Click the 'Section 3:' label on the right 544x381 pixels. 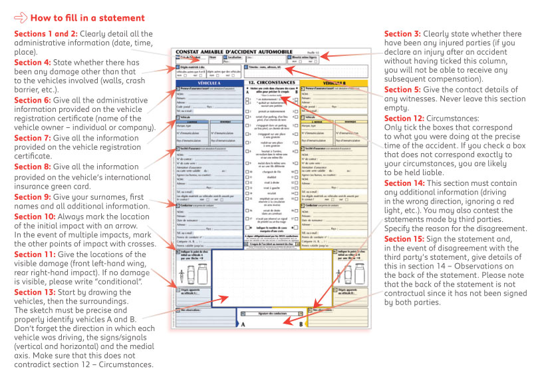[x=403, y=34]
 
